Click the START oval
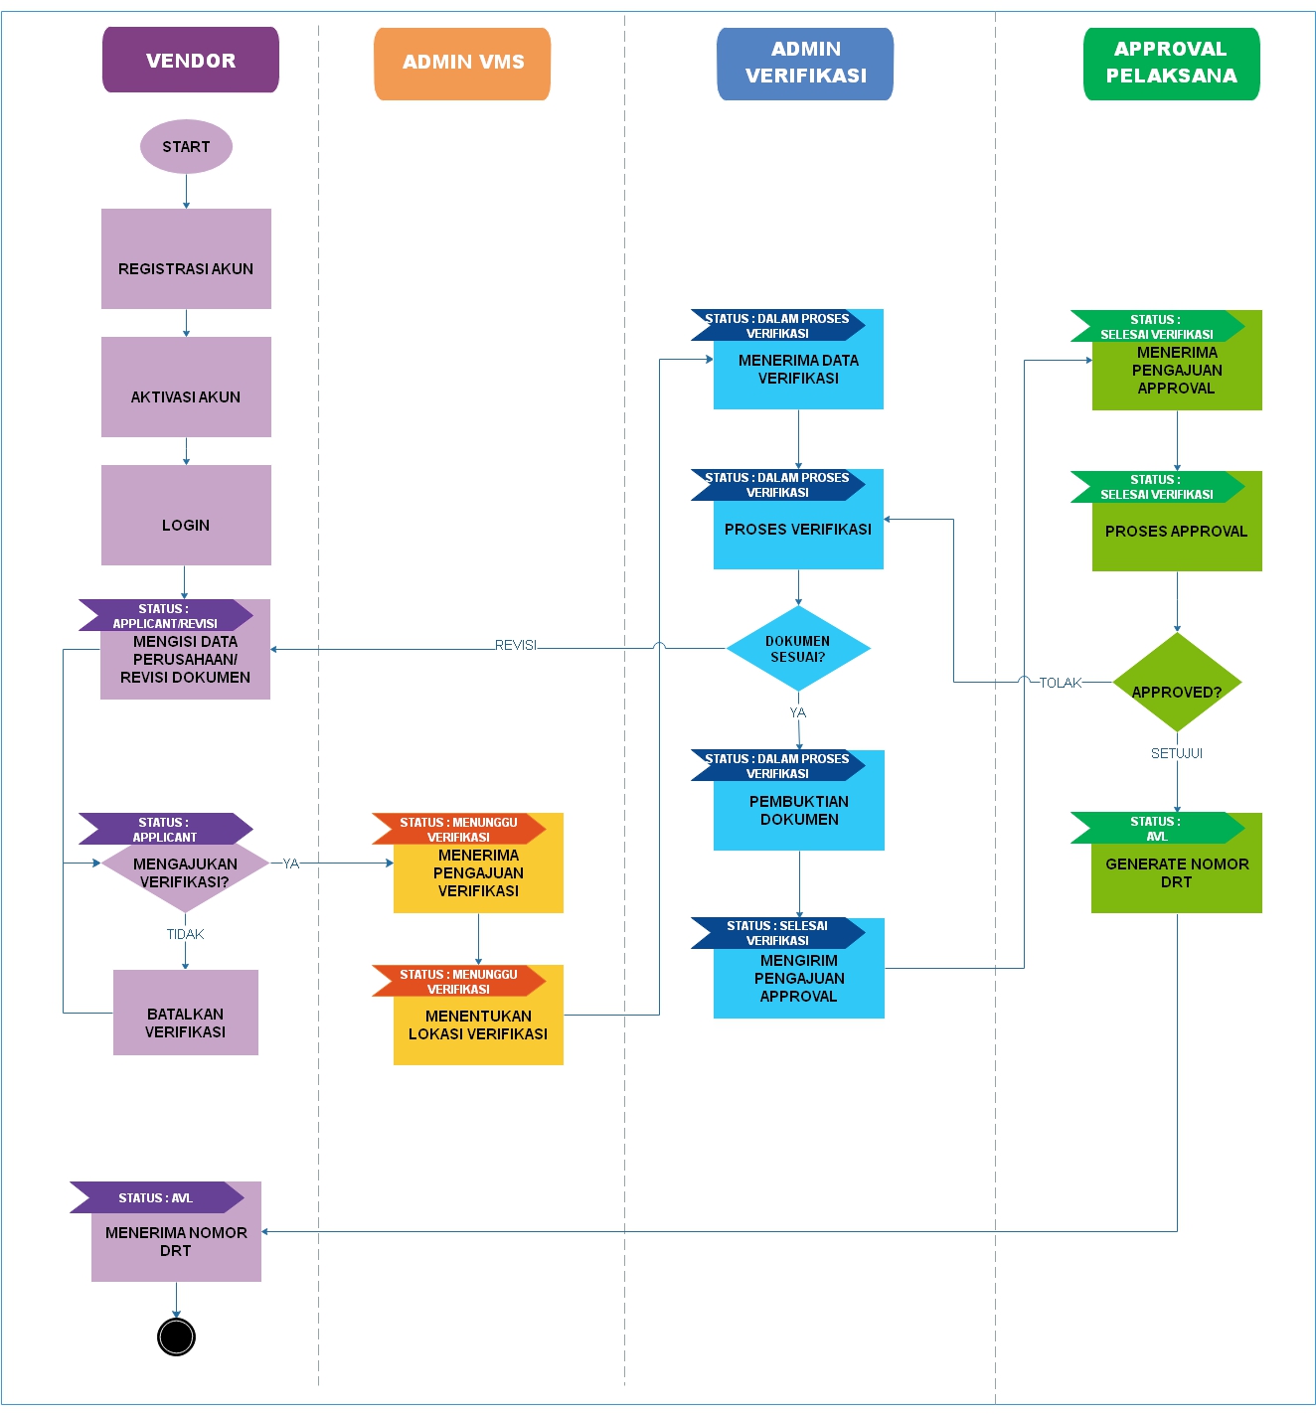tap(186, 147)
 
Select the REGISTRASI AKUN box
tap(186, 259)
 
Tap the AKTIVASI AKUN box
tap(186, 388)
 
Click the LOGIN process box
tap(186, 516)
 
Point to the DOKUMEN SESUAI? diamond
tap(798, 649)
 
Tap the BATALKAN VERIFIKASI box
tap(185, 1014)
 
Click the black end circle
tap(176, 1336)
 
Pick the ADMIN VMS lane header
tap(462, 63)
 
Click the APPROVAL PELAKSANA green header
tap(1171, 63)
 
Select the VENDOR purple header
tap(190, 60)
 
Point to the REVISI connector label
tap(515, 645)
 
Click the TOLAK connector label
tap(1060, 683)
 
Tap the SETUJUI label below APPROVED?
tap(1177, 753)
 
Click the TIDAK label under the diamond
tap(185, 934)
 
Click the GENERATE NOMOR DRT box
tap(1177, 873)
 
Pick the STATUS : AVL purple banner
tap(156, 1197)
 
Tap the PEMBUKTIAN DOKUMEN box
tap(799, 811)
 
